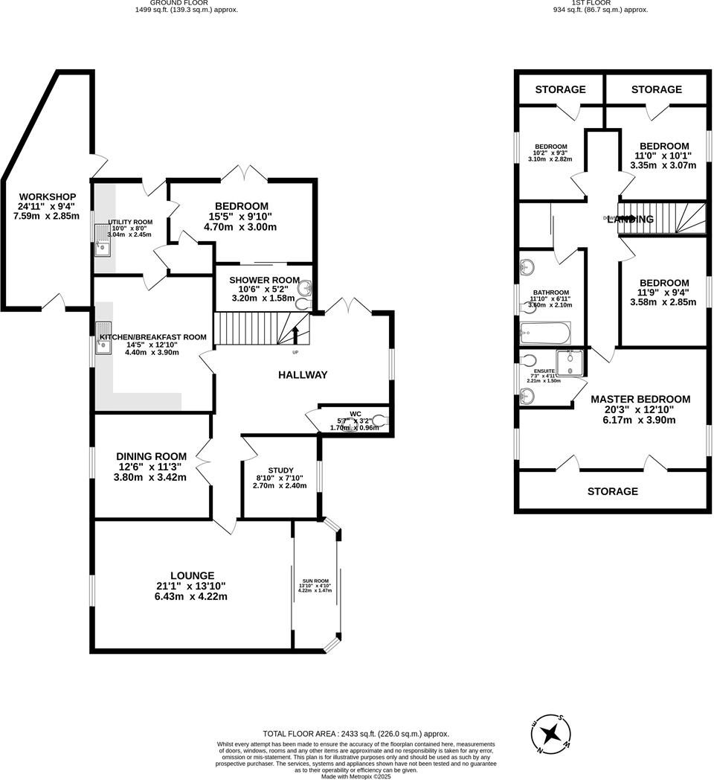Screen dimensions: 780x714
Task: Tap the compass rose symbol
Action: coord(551,733)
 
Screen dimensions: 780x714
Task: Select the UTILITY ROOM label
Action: coord(130,222)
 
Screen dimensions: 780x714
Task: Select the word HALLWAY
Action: coord(303,375)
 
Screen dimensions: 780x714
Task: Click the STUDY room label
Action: coord(281,470)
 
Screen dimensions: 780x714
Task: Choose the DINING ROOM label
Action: coord(151,456)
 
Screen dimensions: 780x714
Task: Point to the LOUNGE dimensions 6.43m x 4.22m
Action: coord(192,597)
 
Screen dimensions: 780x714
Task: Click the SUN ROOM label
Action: coord(315,581)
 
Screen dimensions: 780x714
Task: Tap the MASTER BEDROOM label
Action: coord(640,399)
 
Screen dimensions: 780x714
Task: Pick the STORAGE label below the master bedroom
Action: coord(613,491)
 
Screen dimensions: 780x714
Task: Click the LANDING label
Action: coord(631,220)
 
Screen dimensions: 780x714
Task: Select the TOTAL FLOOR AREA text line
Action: coord(356,733)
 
